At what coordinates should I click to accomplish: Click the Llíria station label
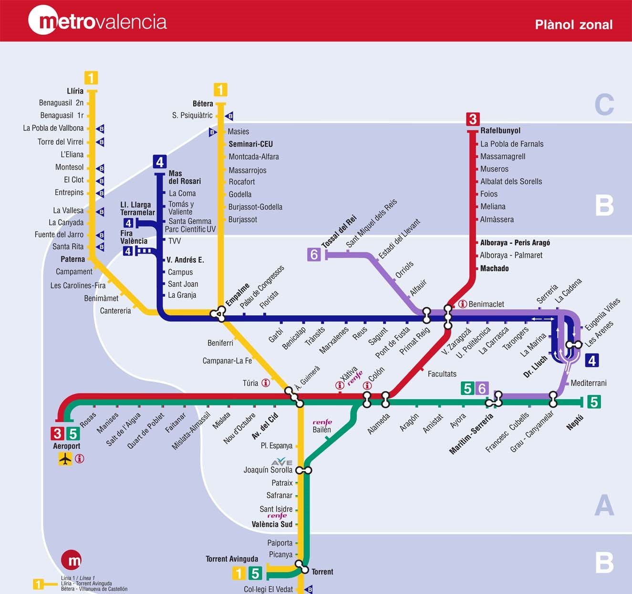click(75, 91)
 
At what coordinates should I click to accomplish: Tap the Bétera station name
click(203, 103)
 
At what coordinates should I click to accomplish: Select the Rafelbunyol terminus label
click(500, 131)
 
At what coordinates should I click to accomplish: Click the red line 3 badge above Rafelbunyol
click(472, 119)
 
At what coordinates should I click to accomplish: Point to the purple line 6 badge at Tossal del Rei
click(314, 255)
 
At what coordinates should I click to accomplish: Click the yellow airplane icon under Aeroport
click(65, 459)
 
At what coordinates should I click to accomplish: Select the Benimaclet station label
click(486, 304)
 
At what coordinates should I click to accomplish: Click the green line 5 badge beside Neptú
click(593, 402)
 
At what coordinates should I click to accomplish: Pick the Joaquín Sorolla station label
click(268, 470)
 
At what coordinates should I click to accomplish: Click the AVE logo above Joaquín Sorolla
click(281, 462)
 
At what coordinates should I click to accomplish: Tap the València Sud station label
click(272, 524)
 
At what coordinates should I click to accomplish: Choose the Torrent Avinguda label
click(232, 559)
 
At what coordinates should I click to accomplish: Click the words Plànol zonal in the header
click(573, 24)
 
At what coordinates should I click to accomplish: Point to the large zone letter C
click(604, 105)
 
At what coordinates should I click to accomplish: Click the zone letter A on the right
click(604, 505)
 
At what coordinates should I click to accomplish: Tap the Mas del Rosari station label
click(184, 177)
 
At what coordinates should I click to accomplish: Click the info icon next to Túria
click(266, 383)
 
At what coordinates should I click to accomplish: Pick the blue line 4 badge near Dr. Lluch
click(592, 361)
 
